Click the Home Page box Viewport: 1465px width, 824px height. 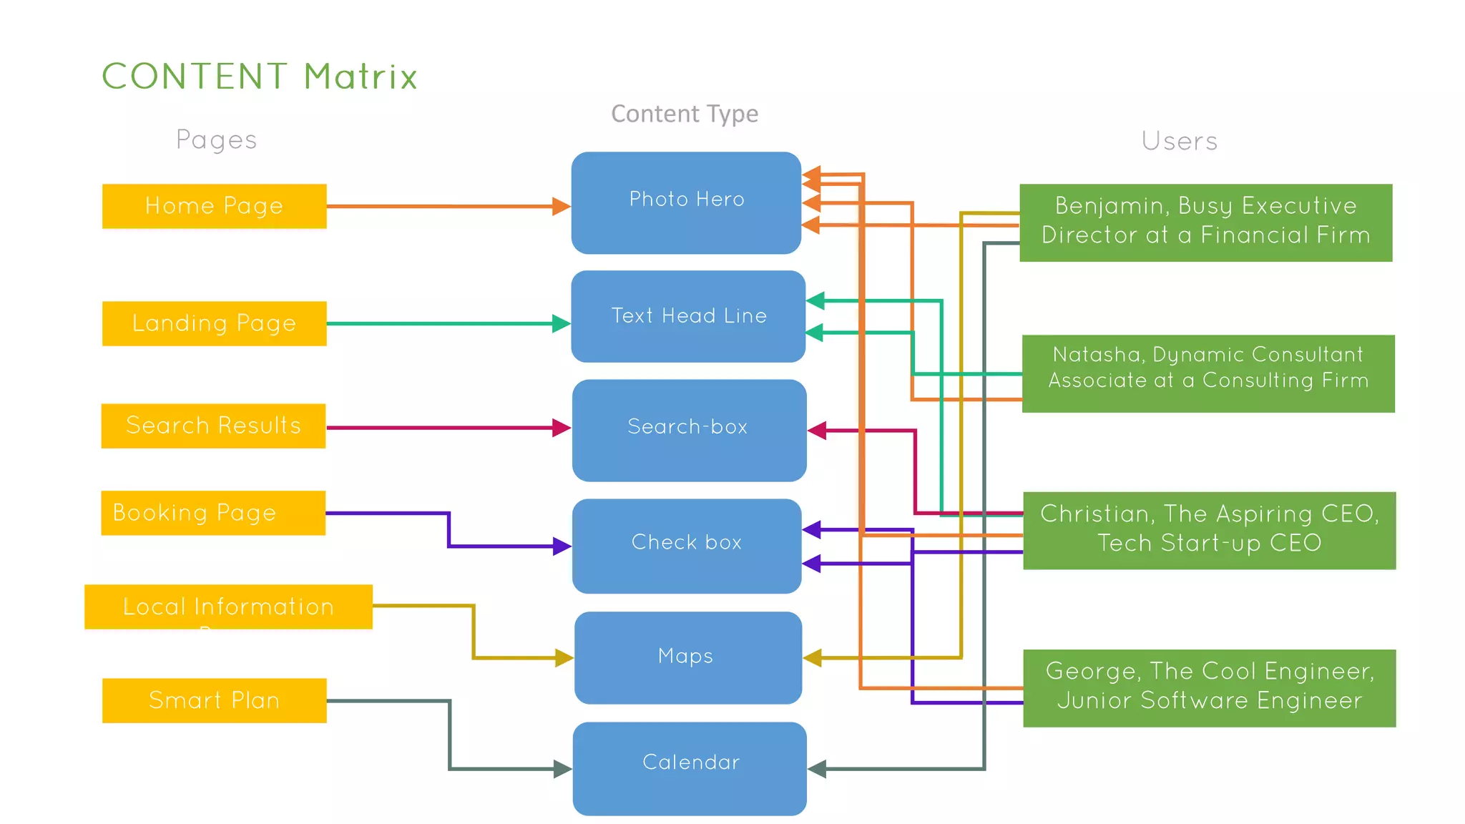coord(214,206)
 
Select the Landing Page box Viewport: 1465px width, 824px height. coord(214,323)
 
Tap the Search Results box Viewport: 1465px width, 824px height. coord(213,426)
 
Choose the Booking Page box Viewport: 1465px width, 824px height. coord(213,513)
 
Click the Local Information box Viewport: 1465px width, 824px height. coord(228,607)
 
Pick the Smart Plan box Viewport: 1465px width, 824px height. coord(214,700)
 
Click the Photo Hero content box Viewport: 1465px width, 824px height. coord(686,202)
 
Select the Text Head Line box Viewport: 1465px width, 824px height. coord(688,316)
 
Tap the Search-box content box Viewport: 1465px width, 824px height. coord(689,430)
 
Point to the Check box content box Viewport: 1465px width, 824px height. coord(687,546)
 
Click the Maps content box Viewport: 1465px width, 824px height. coord(687,657)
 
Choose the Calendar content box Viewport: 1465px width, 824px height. coord(690,768)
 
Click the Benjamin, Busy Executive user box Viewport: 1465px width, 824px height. coord(1205,222)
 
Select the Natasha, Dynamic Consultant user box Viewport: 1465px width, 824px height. coord(1208,373)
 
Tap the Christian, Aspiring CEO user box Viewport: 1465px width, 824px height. coord(1209,530)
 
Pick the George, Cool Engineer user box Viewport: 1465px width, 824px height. coord(1209,688)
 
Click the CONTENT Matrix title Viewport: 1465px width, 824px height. coord(260,77)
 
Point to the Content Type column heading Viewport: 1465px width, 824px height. coord(685,114)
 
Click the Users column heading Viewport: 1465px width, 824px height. coord(1179,141)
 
